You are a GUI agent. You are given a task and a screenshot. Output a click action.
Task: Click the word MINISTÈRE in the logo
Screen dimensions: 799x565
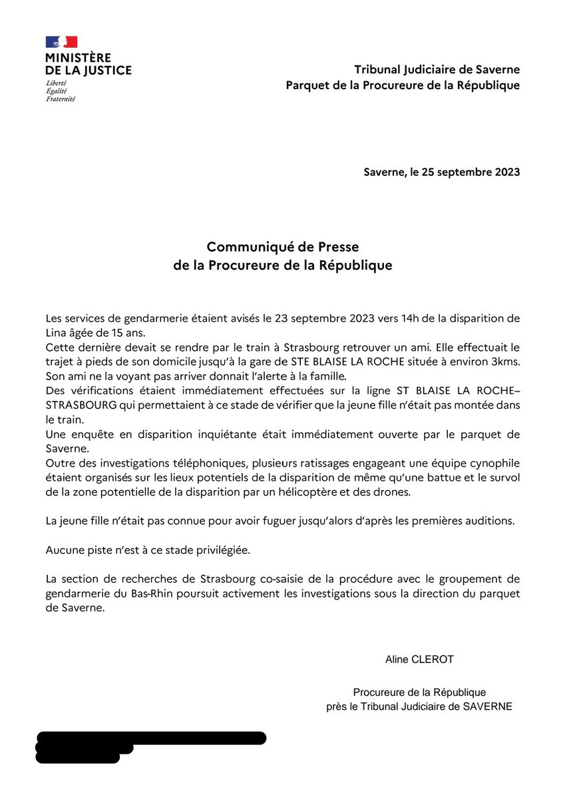point(78,59)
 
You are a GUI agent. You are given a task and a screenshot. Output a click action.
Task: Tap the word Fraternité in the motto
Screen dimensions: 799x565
point(61,99)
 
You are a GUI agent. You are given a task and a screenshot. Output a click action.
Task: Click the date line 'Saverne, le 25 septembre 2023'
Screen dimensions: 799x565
point(441,172)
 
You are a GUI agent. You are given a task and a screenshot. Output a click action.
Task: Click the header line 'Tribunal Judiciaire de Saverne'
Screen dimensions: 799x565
point(437,69)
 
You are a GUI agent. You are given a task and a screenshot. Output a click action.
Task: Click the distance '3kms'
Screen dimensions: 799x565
point(506,362)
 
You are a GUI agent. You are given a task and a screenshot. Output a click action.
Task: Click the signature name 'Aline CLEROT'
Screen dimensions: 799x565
point(419,660)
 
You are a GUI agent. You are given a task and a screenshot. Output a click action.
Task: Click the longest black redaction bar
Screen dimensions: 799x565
point(151,738)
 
